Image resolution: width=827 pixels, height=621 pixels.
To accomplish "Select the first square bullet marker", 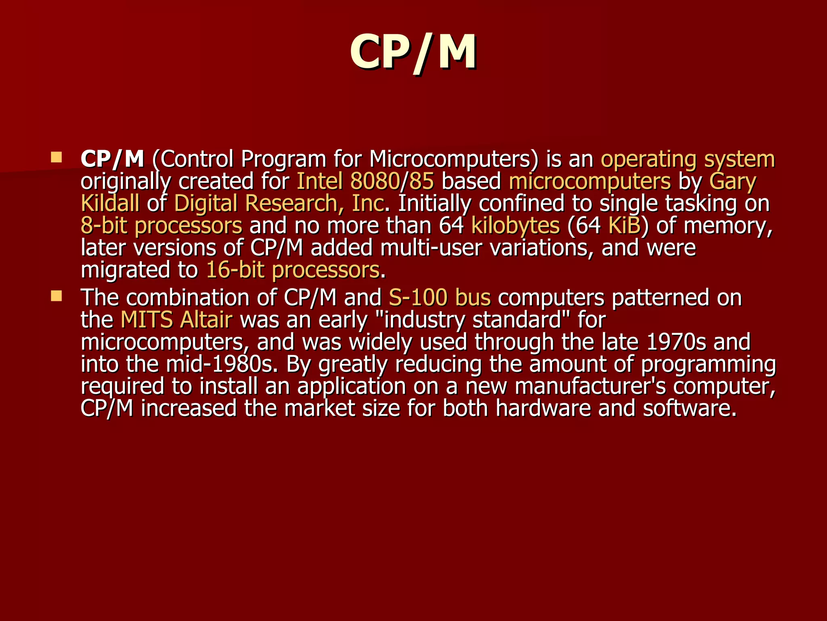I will pos(57,157).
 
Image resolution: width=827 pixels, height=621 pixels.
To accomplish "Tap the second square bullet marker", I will pos(57,297).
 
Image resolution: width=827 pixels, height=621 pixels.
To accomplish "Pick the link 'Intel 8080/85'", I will pos(365,181).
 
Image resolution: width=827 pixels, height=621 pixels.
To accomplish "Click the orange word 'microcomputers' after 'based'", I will pos(590,181).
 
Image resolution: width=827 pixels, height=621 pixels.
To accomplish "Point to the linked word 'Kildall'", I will pos(110,203).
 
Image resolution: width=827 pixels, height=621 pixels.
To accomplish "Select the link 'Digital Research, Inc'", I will pos(279,203).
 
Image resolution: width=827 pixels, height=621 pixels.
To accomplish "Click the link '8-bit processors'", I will pos(162,226).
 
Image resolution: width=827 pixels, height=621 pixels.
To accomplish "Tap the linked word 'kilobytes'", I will pos(515,226).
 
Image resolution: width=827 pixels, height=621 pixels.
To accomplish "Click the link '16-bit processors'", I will pos(293,270).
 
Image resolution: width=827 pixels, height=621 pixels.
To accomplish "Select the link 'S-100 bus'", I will pos(440,298).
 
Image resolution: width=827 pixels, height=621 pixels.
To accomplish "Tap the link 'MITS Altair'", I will pos(176,320).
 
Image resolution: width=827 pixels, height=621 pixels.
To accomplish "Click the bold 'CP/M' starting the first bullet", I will pos(112,159).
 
